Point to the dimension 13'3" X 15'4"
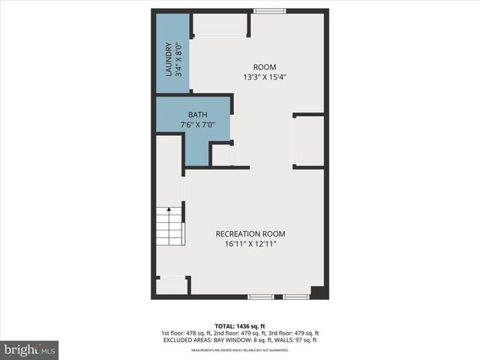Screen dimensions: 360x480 pos(265,77)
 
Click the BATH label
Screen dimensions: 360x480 pos(197,115)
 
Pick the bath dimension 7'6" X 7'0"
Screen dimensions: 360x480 pos(197,124)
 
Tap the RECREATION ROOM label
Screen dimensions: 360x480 pos(250,234)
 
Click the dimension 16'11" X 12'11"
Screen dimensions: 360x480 pos(250,244)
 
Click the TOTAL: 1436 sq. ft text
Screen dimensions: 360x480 pos(240,326)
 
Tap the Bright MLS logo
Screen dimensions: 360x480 pos(29,349)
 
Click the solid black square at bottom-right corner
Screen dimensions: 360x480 pos(319,292)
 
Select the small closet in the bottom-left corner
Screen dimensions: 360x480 pos(172,286)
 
